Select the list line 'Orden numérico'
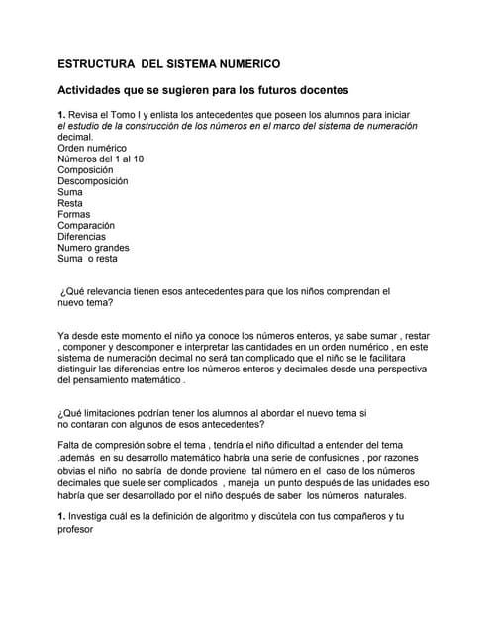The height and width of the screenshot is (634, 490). (92, 148)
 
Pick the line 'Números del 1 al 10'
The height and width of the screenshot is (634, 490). (101, 159)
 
